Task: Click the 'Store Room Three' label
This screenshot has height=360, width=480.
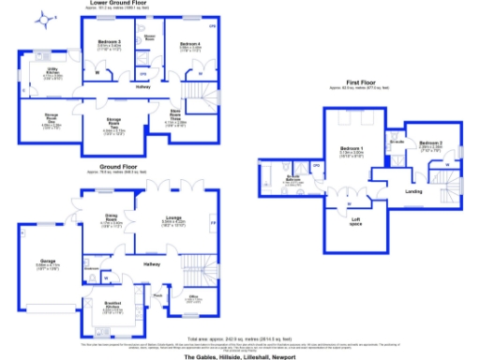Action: coord(174,116)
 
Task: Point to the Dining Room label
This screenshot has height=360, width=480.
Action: coord(112,217)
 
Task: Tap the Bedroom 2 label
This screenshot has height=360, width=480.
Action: coord(430,142)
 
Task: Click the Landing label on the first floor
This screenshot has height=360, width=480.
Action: coord(413,192)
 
